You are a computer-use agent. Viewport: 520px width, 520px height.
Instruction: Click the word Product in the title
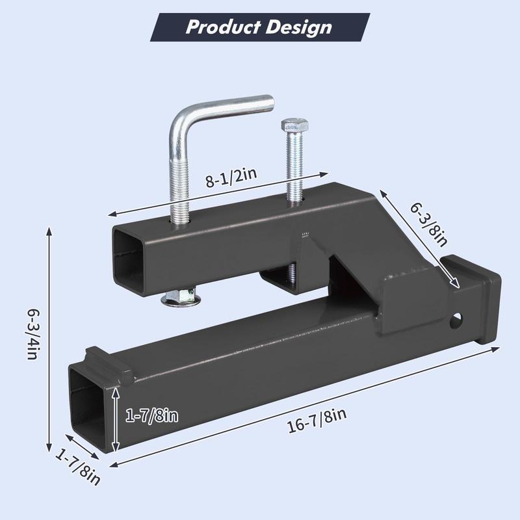coord(223,27)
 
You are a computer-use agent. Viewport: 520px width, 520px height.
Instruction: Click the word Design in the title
coord(298,27)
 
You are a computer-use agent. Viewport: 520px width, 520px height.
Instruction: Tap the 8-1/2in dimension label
coord(231,178)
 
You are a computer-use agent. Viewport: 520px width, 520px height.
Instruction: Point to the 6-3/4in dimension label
coord(34,334)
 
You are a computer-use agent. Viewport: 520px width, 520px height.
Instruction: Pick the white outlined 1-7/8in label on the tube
coord(151,415)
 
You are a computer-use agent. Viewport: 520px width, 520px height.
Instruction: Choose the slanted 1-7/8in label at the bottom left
coord(77,467)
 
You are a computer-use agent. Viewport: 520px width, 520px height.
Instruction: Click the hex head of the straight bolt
coord(294,125)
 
